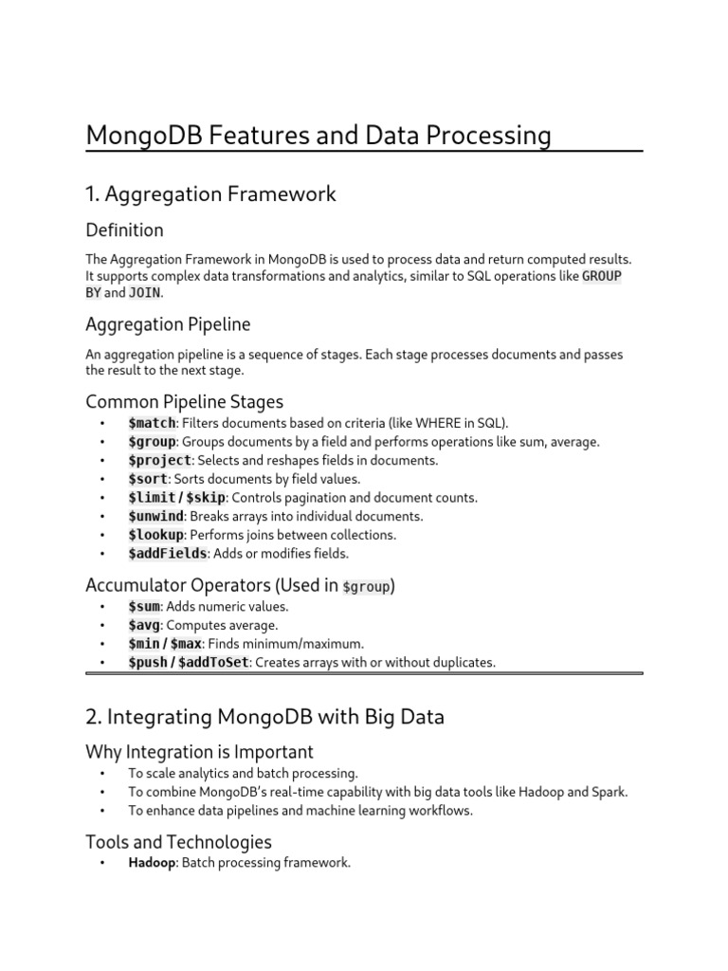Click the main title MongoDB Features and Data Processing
click(x=318, y=136)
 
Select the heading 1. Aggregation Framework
click(x=210, y=194)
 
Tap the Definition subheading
click(x=124, y=230)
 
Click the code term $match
click(x=151, y=423)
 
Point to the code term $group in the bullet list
click(x=152, y=442)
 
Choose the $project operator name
click(x=159, y=460)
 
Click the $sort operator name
click(x=147, y=479)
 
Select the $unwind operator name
click(x=155, y=516)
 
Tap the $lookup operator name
click(x=155, y=535)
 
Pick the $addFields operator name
click(x=167, y=554)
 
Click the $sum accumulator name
click(x=145, y=606)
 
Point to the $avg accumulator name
click(x=145, y=625)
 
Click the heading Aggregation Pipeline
click(x=168, y=324)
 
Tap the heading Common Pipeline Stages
click(x=184, y=401)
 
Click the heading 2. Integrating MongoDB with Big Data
click(x=264, y=717)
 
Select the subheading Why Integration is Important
click(x=199, y=752)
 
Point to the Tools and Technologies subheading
click(x=178, y=842)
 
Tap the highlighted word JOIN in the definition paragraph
click(x=144, y=294)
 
